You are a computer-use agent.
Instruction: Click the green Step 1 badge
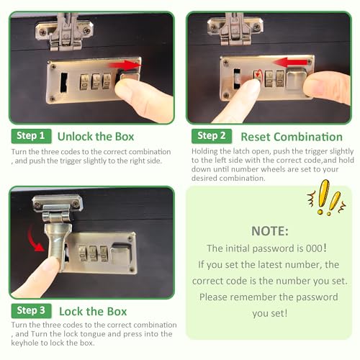click(31, 136)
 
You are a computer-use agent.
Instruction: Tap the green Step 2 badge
click(212, 136)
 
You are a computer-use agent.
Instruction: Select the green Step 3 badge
click(31, 311)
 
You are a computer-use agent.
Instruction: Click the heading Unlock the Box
click(96, 137)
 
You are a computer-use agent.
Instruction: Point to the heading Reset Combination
click(292, 137)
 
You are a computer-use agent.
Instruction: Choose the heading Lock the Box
click(93, 312)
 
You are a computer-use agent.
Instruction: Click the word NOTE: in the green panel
click(270, 231)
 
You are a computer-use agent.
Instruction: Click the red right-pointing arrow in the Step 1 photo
click(125, 66)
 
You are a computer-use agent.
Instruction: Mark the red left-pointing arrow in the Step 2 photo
click(290, 63)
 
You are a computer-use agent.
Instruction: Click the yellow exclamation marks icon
click(327, 198)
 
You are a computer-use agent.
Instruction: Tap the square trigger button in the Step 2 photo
click(297, 79)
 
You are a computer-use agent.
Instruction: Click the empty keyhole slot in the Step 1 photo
click(64, 82)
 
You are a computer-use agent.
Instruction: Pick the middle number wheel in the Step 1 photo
click(96, 82)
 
